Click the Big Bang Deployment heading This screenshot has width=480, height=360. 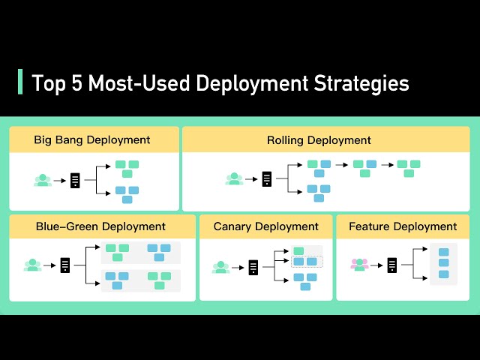pyautogui.click(x=92, y=139)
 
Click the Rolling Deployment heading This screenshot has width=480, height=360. pyautogui.click(x=319, y=139)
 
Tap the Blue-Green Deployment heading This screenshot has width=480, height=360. pyautogui.click(x=100, y=226)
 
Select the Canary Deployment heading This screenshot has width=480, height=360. pyautogui.click(x=265, y=226)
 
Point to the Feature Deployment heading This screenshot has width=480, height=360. pyautogui.click(x=403, y=226)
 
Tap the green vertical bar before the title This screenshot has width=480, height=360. pyautogui.click(x=19, y=82)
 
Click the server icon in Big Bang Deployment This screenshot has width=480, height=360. pyautogui.click(x=75, y=180)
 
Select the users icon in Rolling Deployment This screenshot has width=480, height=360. pyautogui.click(x=235, y=179)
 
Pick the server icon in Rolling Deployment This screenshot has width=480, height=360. pyautogui.click(x=267, y=179)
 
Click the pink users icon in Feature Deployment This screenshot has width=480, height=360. pyautogui.click(x=360, y=264)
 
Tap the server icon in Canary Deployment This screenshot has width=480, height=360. pyautogui.click(x=253, y=266)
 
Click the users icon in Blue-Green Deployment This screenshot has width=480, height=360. pyautogui.click(x=32, y=265)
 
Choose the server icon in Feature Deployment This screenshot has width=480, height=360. pyautogui.click(x=391, y=264)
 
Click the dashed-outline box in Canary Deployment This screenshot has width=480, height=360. pyautogui.click(x=305, y=262)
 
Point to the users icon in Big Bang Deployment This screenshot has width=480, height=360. pyautogui.click(x=43, y=180)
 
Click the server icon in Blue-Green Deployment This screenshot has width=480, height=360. pyautogui.click(x=65, y=265)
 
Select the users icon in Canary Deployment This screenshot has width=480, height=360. pyautogui.click(x=220, y=266)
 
